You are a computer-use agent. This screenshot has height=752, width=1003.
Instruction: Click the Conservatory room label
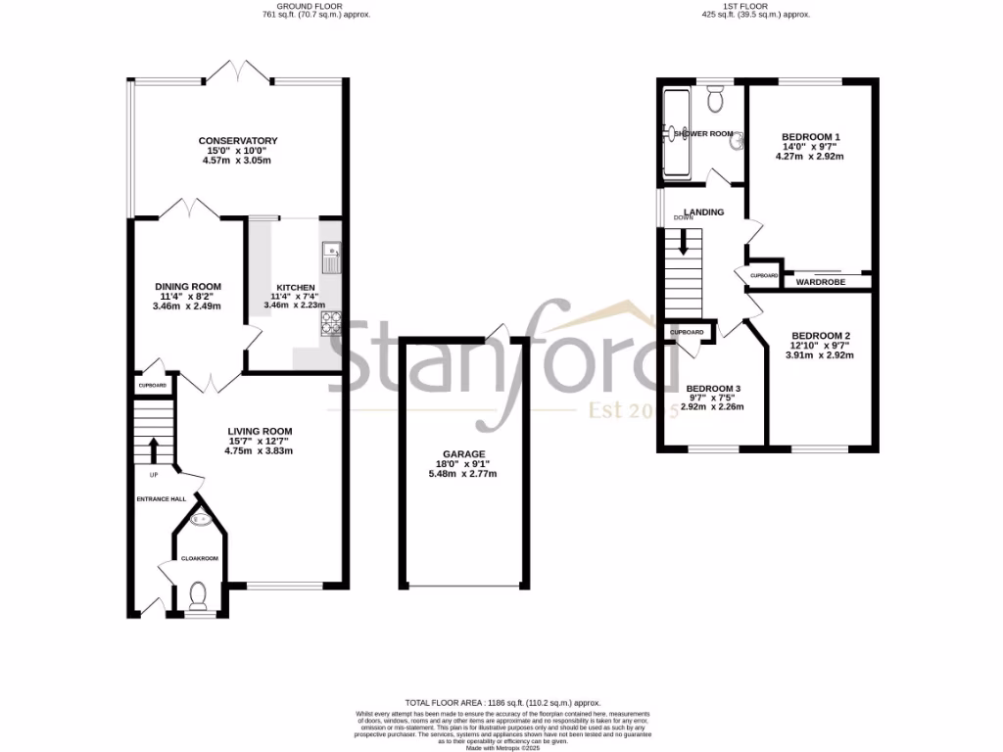238,141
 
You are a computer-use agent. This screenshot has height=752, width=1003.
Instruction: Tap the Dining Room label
187,286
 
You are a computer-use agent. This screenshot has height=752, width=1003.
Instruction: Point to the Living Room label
260,431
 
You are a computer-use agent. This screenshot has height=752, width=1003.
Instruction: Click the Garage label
463,454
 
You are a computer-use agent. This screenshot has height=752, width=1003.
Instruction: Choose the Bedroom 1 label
810,136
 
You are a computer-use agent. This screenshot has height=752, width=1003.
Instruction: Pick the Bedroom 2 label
820,336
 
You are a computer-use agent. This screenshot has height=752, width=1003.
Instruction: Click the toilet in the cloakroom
198,593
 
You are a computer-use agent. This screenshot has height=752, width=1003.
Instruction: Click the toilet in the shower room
715,98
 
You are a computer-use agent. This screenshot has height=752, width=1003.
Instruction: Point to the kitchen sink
329,258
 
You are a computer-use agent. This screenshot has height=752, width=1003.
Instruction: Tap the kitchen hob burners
329,322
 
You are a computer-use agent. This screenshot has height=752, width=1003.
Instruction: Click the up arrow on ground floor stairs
153,448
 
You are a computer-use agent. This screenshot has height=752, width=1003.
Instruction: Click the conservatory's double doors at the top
237,72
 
